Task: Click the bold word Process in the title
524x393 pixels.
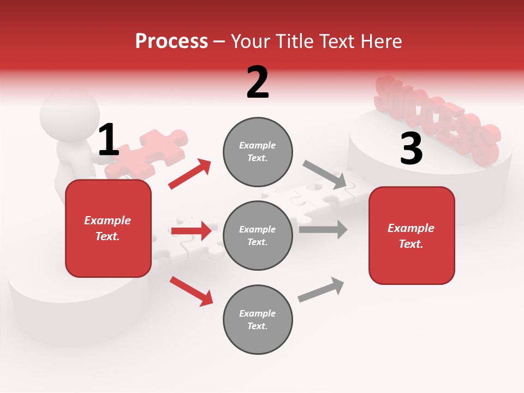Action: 171,41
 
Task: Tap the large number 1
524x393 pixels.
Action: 108,140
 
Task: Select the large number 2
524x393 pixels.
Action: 258,82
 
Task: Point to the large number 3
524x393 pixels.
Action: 411,149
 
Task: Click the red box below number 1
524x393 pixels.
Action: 108,228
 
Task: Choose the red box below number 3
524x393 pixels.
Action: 412,235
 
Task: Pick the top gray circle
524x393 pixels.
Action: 258,151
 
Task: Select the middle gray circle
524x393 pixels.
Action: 258,235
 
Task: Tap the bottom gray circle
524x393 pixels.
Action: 258,319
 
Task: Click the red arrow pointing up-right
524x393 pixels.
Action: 190,174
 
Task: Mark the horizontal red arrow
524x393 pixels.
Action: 191,231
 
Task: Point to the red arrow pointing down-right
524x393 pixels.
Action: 191,291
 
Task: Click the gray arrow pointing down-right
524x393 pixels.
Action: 325,175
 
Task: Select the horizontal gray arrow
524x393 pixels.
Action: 323,229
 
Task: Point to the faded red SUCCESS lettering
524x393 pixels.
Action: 437,120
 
